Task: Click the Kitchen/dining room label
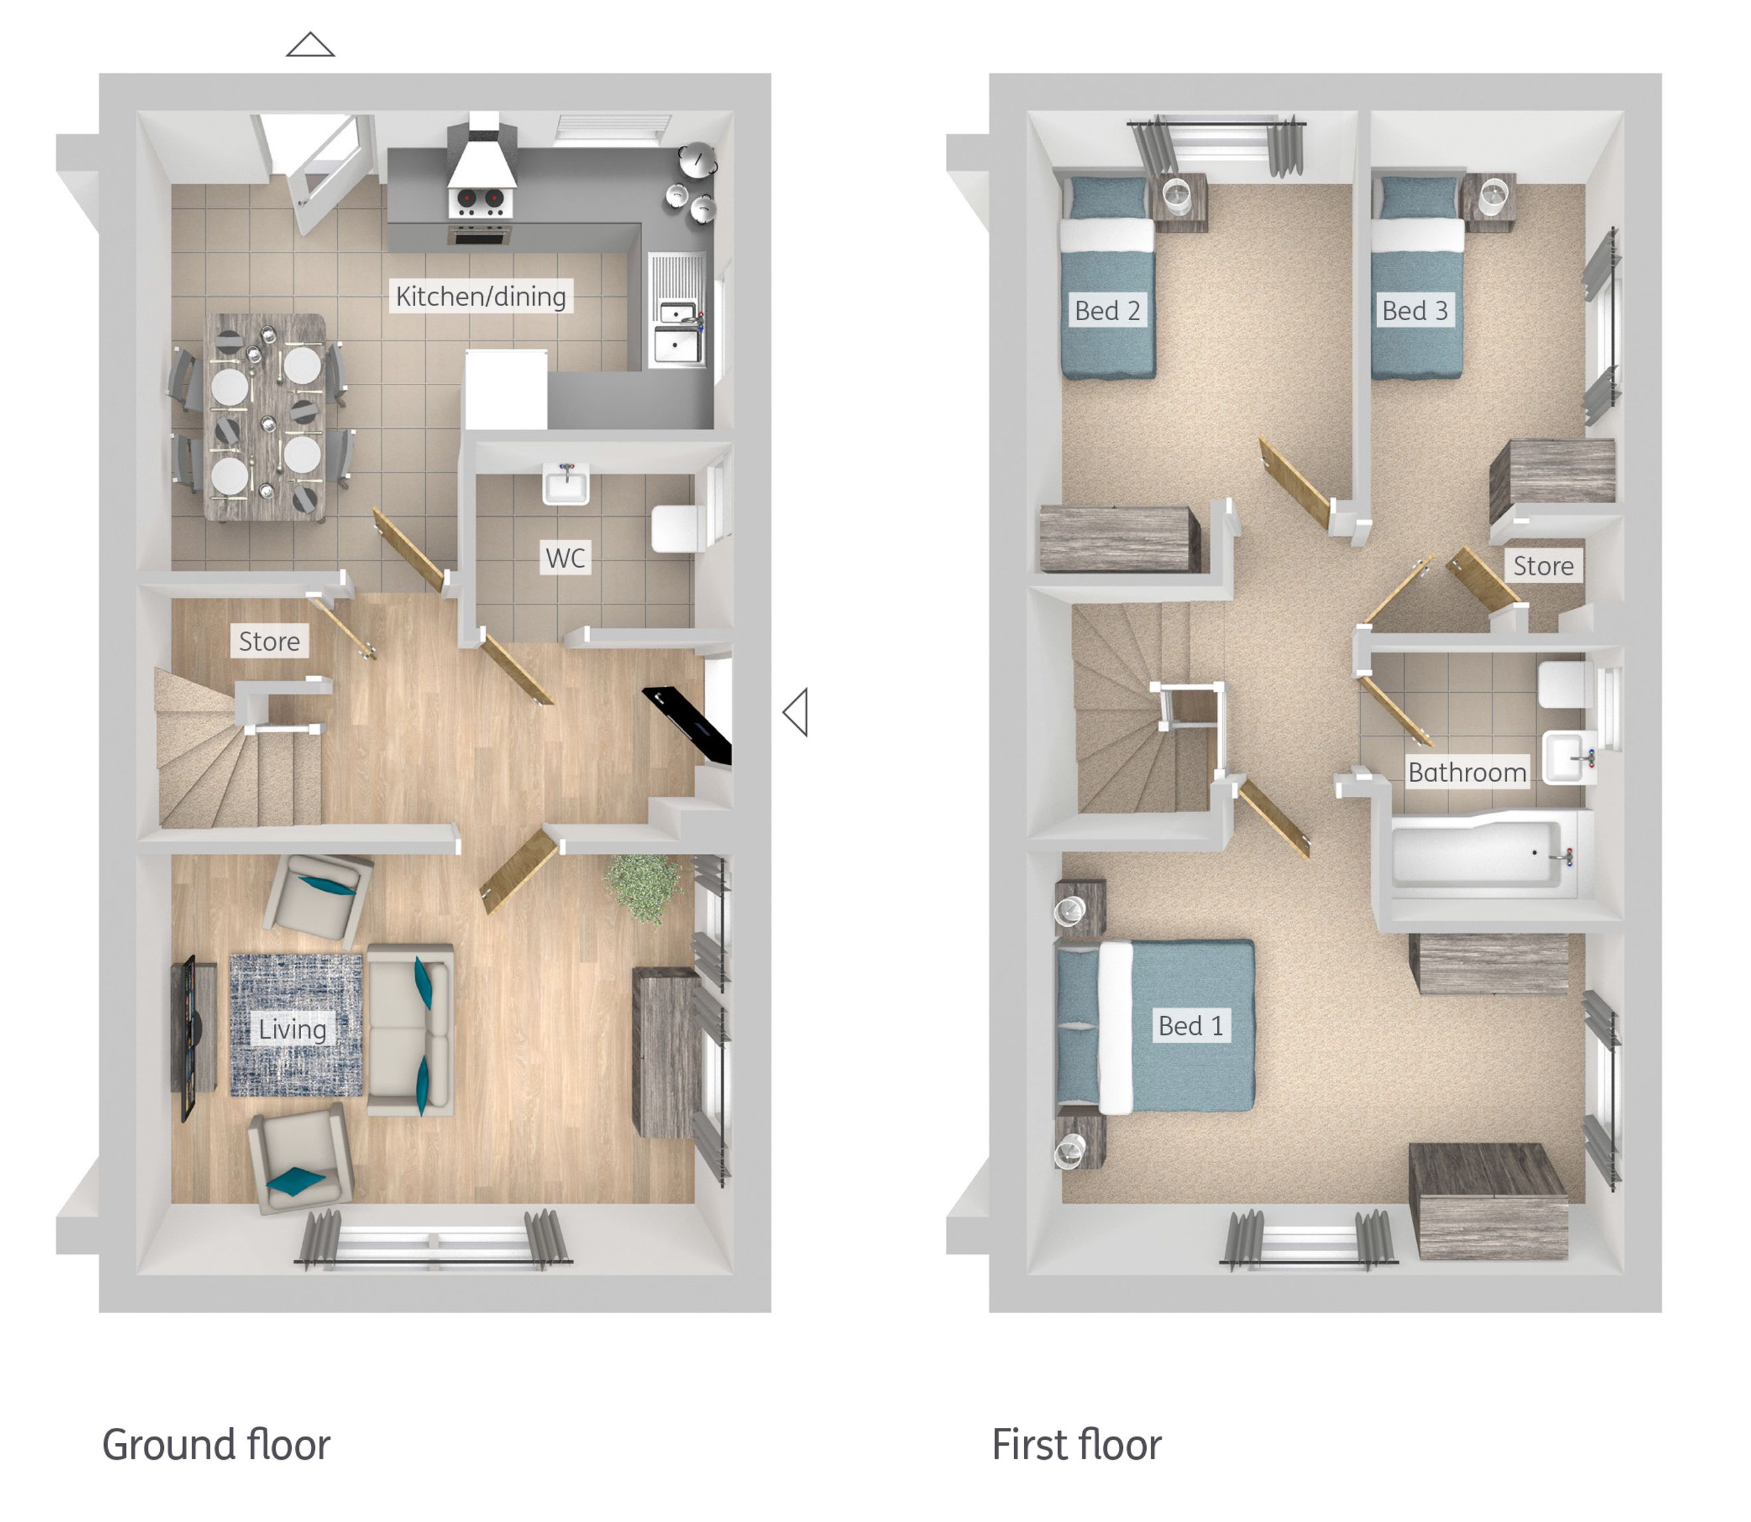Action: [x=481, y=296]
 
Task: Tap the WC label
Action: [x=565, y=558]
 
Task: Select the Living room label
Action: [x=292, y=1029]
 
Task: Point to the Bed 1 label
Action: [x=1191, y=1026]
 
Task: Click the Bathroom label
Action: [x=1466, y=772]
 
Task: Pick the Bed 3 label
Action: [x=1415, y=311]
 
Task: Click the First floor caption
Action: [x=1076, y=1446]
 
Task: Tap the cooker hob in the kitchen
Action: [x=480, y=202]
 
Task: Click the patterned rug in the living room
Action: [x=296, y=1024]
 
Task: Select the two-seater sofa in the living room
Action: [x=411, y=1029]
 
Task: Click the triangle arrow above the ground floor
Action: [x=310, y=45]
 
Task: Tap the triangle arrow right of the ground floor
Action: [x=795, y=712]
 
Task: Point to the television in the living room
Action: [x=185, y=1036]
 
